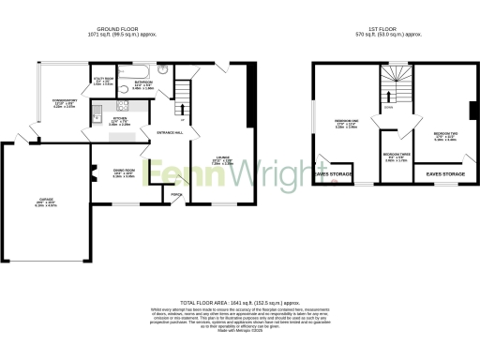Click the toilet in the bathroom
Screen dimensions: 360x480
pyautogui.click(x=162, y=69)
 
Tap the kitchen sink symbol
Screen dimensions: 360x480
pyautogui.click(x=97, y=112)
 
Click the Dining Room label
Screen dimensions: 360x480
pyautogui.click(x=112, y=172)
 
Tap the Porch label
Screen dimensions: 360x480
pyautogui.click(x=175, y=195)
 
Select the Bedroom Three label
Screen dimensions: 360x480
pyautogui.click(x=396, y=157)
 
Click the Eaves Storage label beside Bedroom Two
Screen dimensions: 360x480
pyautogui.click(x=445, y=174)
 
